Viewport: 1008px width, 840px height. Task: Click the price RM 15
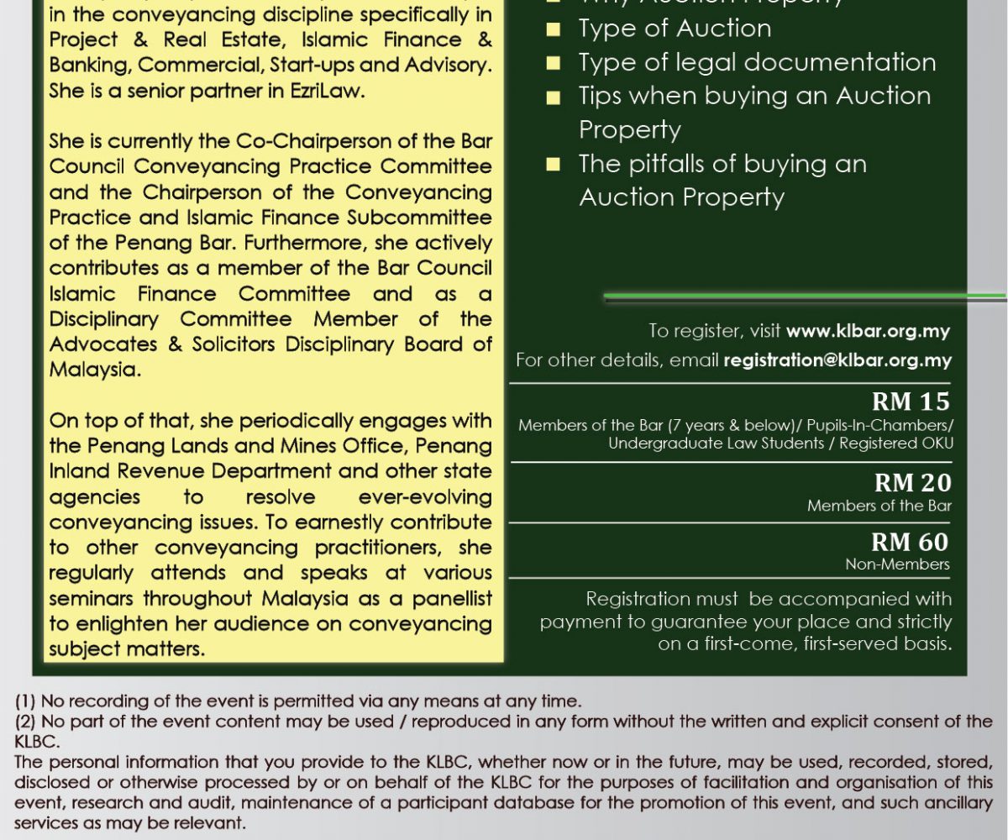coord(911,400)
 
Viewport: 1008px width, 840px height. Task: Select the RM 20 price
coord(912,483)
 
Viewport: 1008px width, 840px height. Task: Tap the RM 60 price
coord(911,542)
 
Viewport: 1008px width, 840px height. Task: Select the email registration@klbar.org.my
coord(837,360)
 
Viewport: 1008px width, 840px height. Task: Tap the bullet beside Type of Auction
coord(553,29)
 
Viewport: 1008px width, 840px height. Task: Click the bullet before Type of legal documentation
coord(553,63)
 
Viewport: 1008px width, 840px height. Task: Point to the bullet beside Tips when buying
coord(553,97)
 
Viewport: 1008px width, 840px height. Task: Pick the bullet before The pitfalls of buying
coord(553,165)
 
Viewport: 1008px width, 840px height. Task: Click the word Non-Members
coord(897,564)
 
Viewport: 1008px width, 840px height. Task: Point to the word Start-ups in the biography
coord(287,66)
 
